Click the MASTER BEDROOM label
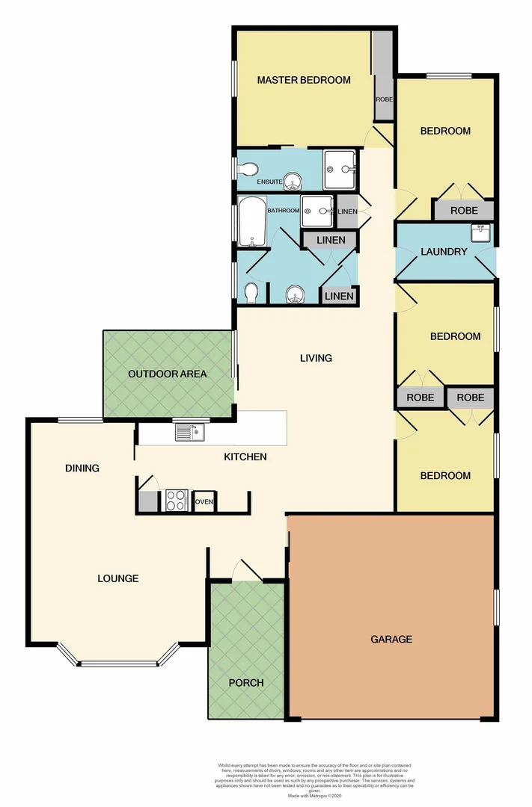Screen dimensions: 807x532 pos(303,80)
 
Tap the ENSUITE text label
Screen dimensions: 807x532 pos(269,182)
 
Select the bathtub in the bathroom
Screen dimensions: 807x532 pos(251,222)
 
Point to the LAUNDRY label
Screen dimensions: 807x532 pos(443,252)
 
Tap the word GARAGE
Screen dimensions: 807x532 pos(391,639)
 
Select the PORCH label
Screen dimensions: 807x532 pos(246,682)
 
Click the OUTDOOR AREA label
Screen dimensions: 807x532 pos(167,374)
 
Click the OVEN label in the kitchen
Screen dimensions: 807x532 pos(204,502)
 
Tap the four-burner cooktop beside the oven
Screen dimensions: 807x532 pos(177,500)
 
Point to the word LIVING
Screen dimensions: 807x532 pos(315,358)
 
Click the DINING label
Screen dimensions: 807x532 pos(82,469)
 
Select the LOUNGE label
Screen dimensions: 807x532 pos(118,578)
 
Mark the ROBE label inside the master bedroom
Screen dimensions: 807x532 pos(383,99)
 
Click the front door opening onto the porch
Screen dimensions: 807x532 pos(247,572)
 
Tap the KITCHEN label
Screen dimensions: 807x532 pos(245,457)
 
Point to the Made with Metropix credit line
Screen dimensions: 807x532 pos(314,794)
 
